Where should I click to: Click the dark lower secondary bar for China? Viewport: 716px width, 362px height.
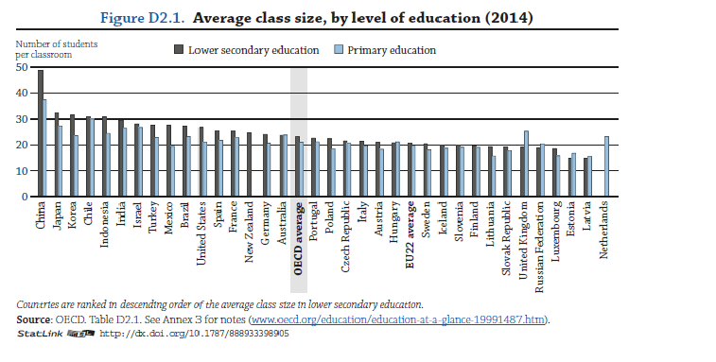point(40,133)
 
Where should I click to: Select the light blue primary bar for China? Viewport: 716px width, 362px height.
point(44,148)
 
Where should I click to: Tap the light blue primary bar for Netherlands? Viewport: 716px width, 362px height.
point(606,166)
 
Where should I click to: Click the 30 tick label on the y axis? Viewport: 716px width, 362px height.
point(21,119)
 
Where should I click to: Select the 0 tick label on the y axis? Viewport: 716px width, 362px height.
point(24,197)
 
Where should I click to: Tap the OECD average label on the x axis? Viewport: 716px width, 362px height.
point(299,237)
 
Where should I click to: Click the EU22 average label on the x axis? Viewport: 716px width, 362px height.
point(410,236)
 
